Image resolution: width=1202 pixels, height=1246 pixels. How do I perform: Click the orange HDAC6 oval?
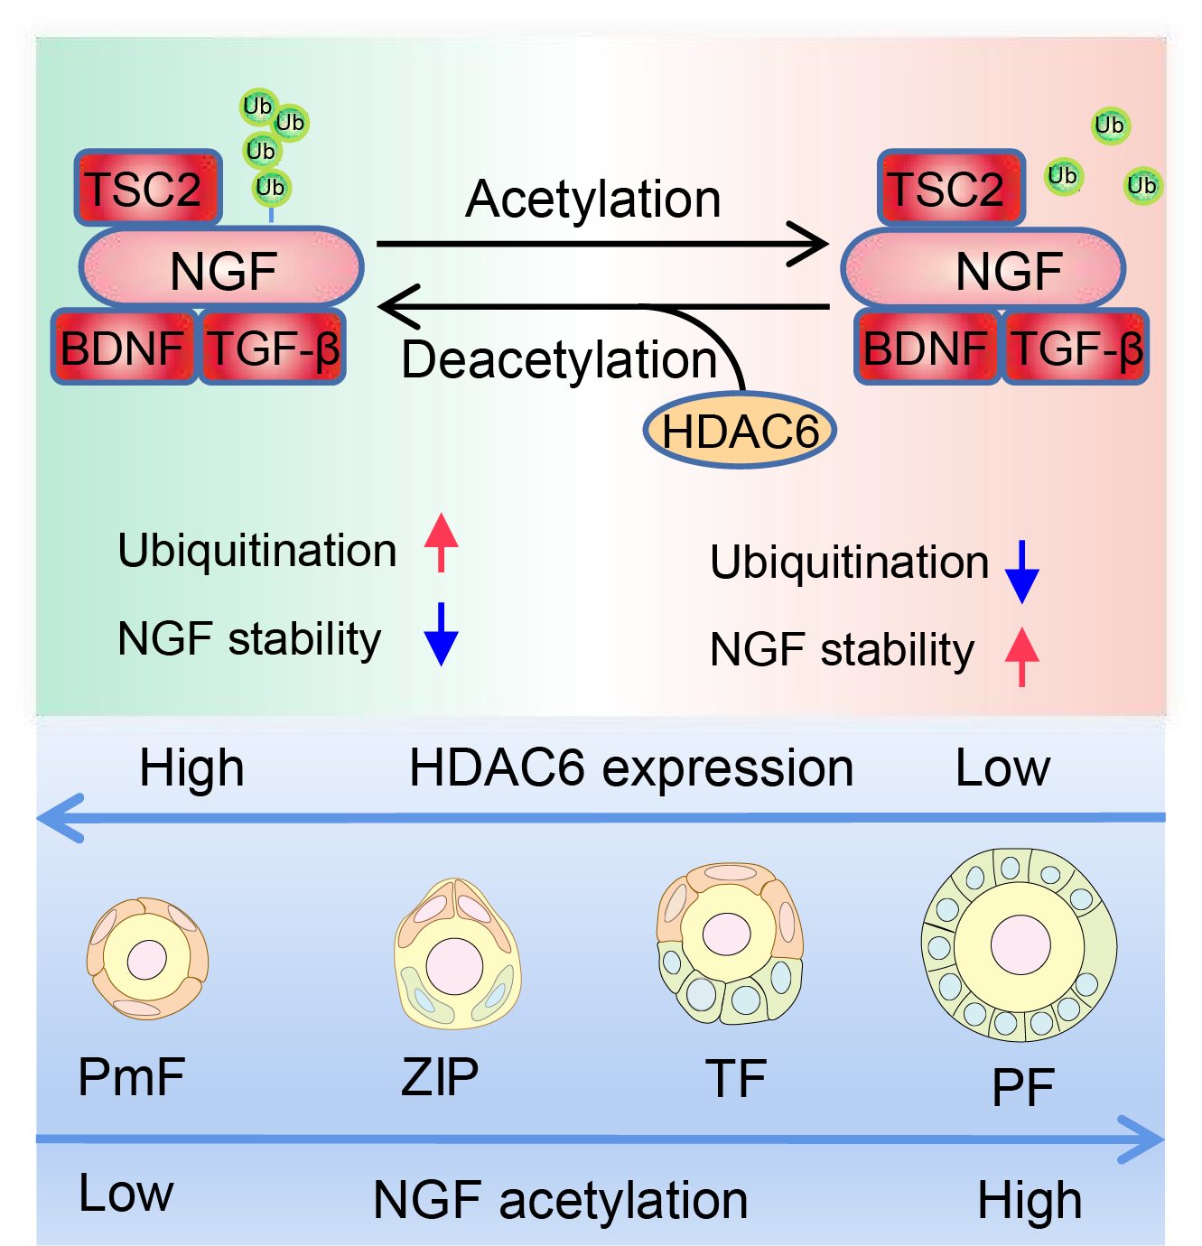click(x=740, y=431)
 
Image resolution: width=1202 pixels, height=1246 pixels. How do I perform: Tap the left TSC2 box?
click(x=147, y=188)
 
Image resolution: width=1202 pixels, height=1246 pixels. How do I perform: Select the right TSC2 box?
click(x=951, y=188)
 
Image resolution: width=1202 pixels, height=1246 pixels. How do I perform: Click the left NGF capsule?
click(x=221, y=267)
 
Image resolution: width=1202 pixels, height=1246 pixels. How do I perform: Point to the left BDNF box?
click(x=123, y=348)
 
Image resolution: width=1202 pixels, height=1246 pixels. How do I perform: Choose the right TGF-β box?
click(x=1075, y=348)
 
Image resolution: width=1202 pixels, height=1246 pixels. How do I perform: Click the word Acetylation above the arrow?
click(x=593, y=199)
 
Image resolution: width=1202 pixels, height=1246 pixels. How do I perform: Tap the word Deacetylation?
click(x=559, y=359)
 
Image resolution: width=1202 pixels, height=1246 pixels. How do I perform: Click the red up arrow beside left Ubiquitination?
click(x=441, y=542)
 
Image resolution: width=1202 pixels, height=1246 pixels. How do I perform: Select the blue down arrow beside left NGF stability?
click(x=441, y=634)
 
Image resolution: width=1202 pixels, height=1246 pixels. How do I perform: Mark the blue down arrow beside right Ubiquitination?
click(x=1022, y=572)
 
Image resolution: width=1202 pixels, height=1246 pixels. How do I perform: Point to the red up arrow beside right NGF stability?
click(x=1022, y=656)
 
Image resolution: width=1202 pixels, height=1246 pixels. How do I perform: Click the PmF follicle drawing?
click(x=147, y=959)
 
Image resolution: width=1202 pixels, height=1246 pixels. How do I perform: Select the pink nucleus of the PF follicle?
click(x=1020, y=945)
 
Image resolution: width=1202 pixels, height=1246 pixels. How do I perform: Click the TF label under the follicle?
click(x=736, y=1078)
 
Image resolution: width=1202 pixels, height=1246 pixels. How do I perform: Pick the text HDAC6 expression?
click(x=631, y=768)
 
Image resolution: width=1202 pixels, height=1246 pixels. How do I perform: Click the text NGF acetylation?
click(x=561, y=1200)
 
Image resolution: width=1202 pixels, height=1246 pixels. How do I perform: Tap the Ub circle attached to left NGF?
click(x=270, y=188)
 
